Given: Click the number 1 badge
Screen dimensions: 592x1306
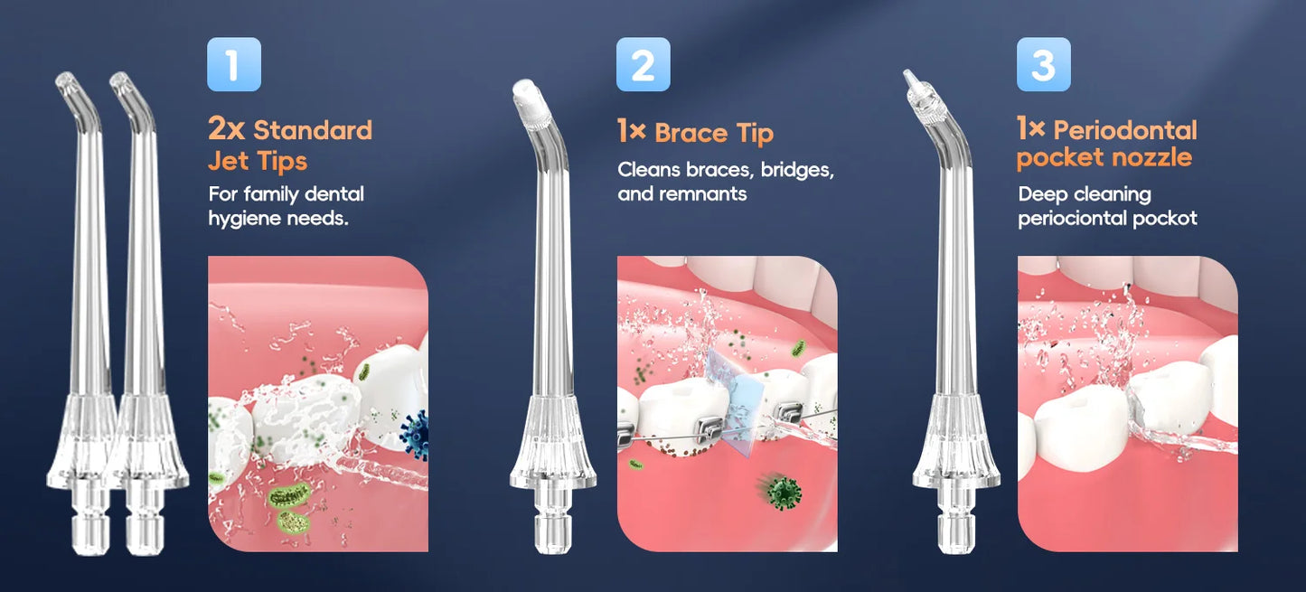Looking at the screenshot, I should [233, 65].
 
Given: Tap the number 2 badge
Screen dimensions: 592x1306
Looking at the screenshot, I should [643, 65].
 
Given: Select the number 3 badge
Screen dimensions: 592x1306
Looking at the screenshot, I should [1043, 65].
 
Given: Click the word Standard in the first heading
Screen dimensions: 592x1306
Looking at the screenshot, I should [313, 130].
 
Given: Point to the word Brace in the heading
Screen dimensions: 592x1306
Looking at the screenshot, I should [691, 134].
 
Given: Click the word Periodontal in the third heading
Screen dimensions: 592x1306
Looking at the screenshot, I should [1124, 130].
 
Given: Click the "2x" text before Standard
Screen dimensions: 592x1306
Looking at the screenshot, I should [226, 129].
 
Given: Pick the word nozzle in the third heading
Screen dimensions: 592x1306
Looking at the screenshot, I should [1164, 158].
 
